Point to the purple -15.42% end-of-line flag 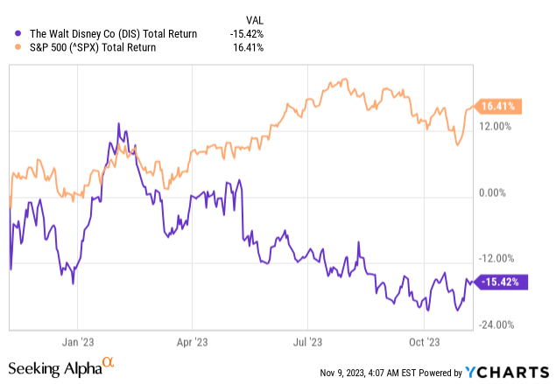pyautogui.click(x=503, y=282)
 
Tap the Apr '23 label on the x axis pyautogui.click(x=194, y=342)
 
